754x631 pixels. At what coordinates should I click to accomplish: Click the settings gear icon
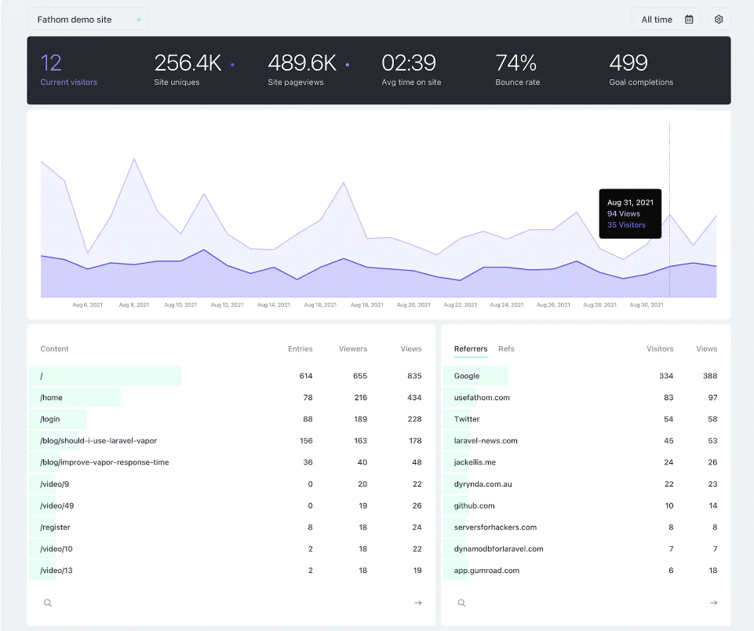[718, 20]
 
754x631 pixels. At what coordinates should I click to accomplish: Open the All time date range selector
[666, 20]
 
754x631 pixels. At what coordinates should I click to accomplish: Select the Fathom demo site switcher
[87, 20]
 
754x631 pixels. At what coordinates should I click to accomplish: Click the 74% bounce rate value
[515, 63]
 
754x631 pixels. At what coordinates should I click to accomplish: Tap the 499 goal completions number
[628, 63]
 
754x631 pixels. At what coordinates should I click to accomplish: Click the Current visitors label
[69, 82]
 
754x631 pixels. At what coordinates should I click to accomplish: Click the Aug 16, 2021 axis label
[319, 305]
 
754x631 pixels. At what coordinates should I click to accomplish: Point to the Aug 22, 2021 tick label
[460, 305]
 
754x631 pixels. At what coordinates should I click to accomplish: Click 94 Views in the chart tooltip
[624, 213]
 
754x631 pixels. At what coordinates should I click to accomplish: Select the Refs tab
[506, 348]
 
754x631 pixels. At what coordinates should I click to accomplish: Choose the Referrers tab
[470, 348]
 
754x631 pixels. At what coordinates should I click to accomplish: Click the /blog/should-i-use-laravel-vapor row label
[98, 441]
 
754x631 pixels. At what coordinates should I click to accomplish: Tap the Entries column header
[300, 348]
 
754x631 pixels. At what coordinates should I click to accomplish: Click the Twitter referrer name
[467, 419]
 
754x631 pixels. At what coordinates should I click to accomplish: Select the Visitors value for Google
[665, 376]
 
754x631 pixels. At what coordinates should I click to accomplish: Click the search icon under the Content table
[48, 603]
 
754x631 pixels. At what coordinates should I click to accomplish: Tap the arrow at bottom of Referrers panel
[713, 603]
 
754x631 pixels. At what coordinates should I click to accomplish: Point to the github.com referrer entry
[474, 506]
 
